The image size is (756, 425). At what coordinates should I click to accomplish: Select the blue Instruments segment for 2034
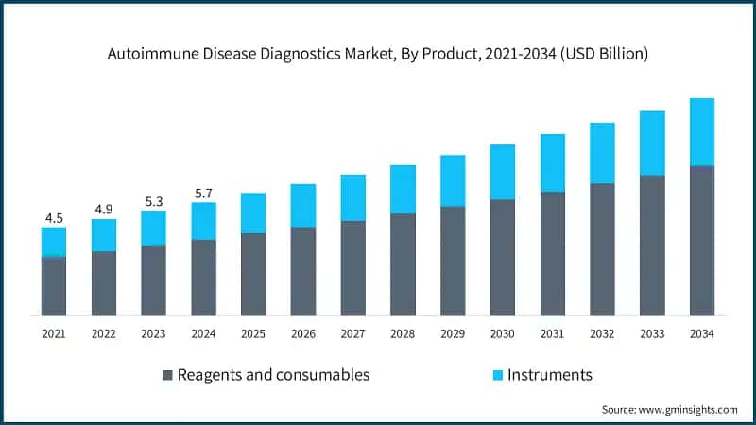coord(701,132)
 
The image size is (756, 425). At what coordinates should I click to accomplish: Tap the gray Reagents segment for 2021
coord(54,285)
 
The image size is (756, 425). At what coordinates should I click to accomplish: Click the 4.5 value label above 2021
coord(54,217)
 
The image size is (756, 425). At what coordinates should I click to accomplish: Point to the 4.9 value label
coord(104,209)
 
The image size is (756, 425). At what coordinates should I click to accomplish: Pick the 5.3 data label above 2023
coord(153,200)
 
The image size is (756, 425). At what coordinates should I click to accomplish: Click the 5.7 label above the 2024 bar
coord(203,193)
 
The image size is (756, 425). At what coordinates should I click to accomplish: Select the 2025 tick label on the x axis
coord(253,334)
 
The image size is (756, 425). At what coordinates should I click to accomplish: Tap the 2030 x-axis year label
coord(502,334)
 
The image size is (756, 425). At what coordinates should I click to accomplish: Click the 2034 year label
coord(701,334)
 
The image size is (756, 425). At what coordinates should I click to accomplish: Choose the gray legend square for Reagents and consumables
coord(169,375)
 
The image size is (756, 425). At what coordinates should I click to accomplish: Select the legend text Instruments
coord(550,375)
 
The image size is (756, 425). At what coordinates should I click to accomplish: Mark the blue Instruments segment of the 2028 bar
coord(403,189)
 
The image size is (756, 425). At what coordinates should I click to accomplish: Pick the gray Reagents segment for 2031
coord(552,253)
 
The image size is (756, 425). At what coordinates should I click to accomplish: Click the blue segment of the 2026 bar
coord(303,205)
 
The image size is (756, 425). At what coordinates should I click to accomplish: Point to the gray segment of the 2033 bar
coord(651,245)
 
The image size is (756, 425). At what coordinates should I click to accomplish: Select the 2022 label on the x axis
coord(104,334)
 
